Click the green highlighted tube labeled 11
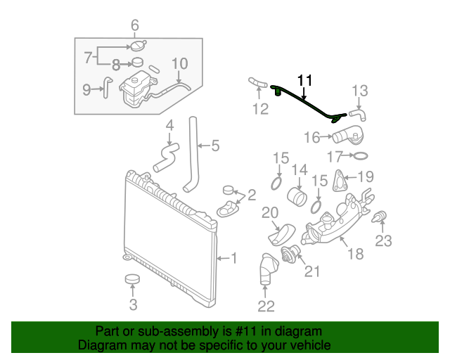[309, 104]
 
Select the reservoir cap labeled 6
[135, 46]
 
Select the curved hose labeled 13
[357, 112]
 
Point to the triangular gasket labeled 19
[340, 180]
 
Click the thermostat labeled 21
[289, 255]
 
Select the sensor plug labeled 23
[380, 218]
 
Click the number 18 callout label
[355, 254]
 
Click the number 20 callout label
[270, 212]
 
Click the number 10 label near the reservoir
[179, 64]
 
